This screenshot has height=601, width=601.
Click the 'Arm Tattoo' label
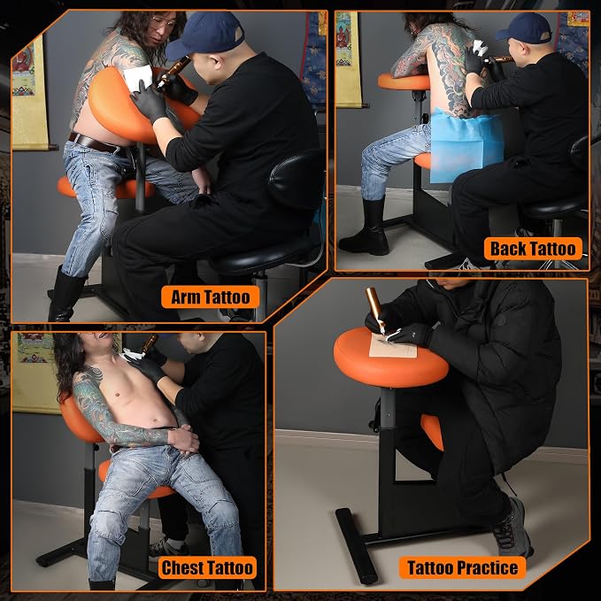pos(210,297)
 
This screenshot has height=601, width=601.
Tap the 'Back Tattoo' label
pos(533,249)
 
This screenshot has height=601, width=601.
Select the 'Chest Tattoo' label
pos(207,567)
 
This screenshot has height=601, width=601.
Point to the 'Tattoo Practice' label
pos(463,567)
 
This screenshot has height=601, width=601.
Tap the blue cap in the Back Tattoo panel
pos(524,28)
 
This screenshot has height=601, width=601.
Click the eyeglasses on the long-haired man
pos(164,22)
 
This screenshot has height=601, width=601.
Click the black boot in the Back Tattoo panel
pos(366,228)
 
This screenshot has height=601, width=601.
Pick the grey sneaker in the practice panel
pos(512,528)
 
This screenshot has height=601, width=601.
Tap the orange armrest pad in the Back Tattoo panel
pos(404,81)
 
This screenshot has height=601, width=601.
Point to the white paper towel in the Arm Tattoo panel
pos(138,77)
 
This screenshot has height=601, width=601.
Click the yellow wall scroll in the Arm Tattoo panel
pos(30,97)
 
